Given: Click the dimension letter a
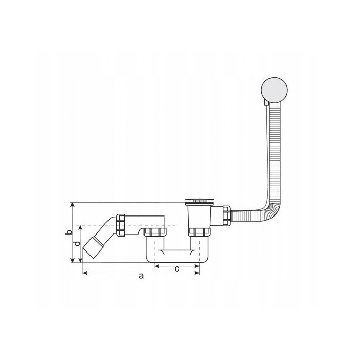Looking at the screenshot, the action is coord(141,276).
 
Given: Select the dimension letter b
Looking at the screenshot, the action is coord(68,232).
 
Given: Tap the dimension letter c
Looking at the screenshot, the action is coord(177,269).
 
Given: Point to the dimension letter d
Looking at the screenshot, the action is coord(77,243).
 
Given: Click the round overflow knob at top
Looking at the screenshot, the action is coord(274,90).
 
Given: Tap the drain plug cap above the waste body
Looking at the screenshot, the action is coord(200,201).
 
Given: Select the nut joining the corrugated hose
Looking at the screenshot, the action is coord(226,216).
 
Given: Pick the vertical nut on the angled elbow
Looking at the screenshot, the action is coord(121,225).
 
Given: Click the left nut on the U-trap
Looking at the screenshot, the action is coord(155,232).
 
